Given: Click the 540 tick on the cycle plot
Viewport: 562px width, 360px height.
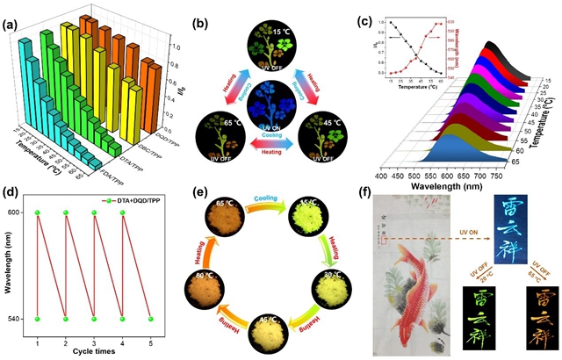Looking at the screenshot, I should point(25,318).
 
